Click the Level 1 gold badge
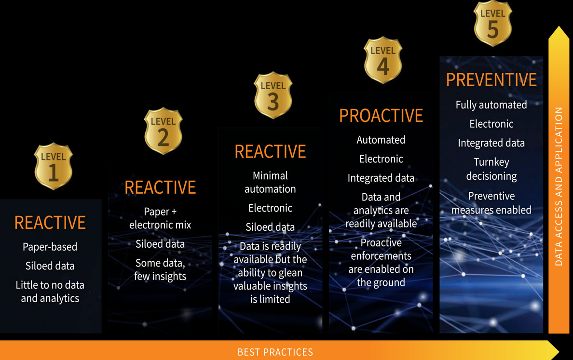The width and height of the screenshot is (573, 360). coord(54,166)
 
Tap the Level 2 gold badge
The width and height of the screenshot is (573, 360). coord(164,131)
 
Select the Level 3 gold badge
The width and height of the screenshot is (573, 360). coord(273,95)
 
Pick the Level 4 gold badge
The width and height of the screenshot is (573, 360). coord(383,60)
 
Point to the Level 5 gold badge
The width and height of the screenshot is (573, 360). coord(492,23)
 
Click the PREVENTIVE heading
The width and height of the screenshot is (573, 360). coord(491,80)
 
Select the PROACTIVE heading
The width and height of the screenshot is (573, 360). coord(381,116)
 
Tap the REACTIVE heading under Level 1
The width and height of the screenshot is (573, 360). coord(50,223)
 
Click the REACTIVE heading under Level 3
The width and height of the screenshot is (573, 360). coord(270,151)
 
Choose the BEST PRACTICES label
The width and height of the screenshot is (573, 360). coord(275,352)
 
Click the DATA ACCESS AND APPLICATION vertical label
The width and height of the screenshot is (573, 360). coord(559,186)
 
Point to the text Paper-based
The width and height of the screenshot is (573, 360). coord(50,247)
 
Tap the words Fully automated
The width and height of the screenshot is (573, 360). coord(491,105)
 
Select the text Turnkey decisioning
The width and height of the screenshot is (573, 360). coord(491,169)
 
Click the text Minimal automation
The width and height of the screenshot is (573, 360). coord(270,182)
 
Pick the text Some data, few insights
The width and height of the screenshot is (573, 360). coord(160,269)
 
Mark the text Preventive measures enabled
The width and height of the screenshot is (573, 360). coord(491,203)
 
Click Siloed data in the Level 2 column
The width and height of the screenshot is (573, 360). coord(160,244)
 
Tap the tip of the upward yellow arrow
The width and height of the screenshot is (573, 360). coord(559,27)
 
